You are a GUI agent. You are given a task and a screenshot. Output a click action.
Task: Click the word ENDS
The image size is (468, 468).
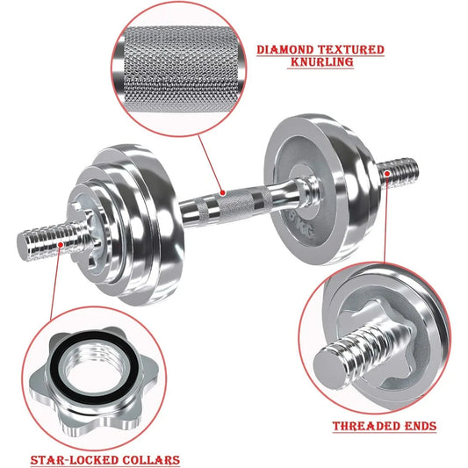coord(420,427)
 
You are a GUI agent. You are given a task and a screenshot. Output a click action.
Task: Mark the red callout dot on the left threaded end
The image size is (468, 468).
coord(57,246)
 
